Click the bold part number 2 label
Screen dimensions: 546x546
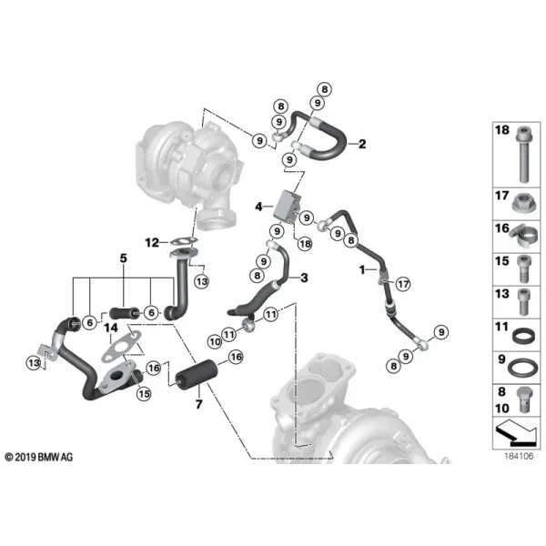coord(362,144)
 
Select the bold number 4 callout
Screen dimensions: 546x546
coord(258,207)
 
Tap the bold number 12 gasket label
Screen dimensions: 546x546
coord(152,242)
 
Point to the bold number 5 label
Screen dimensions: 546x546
coord(124,258)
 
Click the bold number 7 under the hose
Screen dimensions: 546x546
coord(198,404)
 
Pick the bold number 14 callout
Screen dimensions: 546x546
coord(111,328)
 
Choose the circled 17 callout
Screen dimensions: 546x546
coord(403,284)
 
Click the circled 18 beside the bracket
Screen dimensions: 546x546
coord(305,244)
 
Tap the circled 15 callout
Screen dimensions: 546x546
coord(144,394)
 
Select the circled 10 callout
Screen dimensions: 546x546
coord(215,342)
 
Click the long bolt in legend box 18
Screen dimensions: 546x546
coord(523,154)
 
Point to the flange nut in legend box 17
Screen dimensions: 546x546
coord(524,203)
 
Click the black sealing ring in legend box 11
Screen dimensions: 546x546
coord(524,337)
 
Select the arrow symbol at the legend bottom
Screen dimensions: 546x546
coord(516,433)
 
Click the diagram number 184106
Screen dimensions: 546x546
coord(519,456)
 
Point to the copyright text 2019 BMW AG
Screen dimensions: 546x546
coord(39,457)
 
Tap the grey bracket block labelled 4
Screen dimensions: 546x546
coord(288,206)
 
